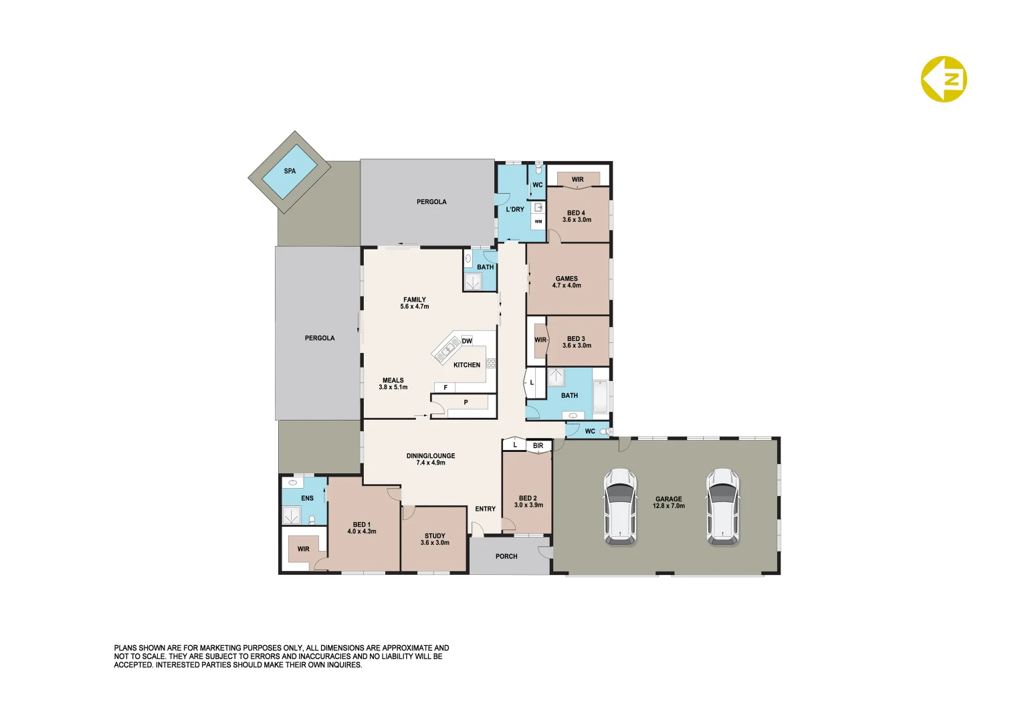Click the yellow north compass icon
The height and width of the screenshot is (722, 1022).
pyautogui.click(x=944, y=79)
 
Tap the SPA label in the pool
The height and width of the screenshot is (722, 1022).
pyautogui.click(x=290, y=171)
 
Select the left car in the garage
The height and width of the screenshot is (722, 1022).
pyautogui.click(x=620, y=506)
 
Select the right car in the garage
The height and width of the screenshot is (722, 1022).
pyautogui.click(x=723, y=506)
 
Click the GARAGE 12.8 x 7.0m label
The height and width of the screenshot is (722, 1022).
pyautogui.click(x=669, y=502)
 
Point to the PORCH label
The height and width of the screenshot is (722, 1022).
pyautogui.click(x=506, y=556)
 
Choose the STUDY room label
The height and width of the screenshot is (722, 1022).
pyautogui.click(x=435, y=539)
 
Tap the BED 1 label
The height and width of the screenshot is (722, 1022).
pyautogui.click(x=362, y=528)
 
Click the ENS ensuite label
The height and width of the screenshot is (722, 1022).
pyautogui.click(x=307, y=498)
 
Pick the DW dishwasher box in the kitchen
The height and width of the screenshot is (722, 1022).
pyautogui.click(x=467, y=341)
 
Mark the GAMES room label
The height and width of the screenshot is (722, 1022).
pyautogui.click(x=567, y=282)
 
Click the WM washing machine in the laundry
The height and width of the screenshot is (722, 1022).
pyautogui.click(x=538, y=221)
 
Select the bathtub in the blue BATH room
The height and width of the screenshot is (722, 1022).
pyautogui.click(x=600, y=397)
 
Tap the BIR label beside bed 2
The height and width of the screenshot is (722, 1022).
pyautogui.click(x=538, y=446)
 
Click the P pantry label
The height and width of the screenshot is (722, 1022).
pyautogui.click(x=466, y=402)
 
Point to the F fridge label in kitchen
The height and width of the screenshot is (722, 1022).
pyautogui.click(x=445, y=388)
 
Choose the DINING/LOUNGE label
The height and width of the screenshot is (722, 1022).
pyautogui.click(x=431, y=459)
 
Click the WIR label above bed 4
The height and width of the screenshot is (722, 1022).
pyautogui.click(x=578, y=179)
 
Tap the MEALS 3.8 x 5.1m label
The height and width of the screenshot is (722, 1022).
pyautogui.click(x=393, y=384)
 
